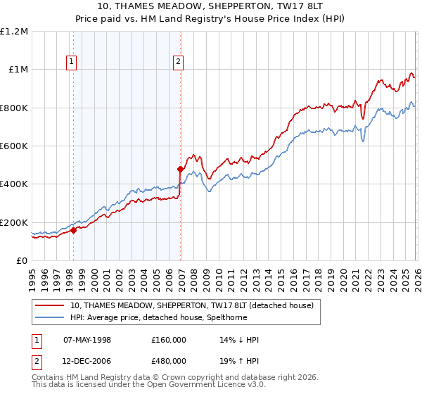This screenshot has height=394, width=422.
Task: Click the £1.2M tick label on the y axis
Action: [14, 32]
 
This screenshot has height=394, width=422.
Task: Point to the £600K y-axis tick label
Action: [14, 146]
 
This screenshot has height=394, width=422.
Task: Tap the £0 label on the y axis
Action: [21, 261]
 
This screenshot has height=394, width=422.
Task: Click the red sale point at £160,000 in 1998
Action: [73, 230]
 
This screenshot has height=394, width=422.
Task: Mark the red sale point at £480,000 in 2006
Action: [181, 169]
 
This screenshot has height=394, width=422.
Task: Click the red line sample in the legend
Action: [51, 305]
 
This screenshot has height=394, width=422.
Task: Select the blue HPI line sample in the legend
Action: [51, 317]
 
